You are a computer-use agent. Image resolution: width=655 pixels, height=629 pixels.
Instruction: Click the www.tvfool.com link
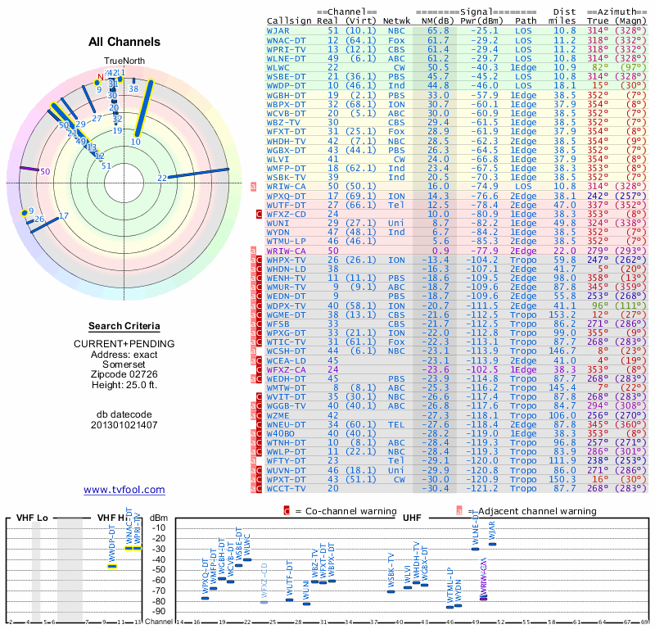coord(124,490)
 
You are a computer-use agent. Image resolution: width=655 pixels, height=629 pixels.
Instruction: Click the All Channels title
coord(124,43)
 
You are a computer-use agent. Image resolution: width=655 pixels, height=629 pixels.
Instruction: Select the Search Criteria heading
coord(124,326)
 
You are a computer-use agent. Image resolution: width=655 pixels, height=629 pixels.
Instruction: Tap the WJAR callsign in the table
coord(278,30)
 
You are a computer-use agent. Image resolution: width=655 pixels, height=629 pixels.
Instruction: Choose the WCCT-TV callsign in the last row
coord(284,488)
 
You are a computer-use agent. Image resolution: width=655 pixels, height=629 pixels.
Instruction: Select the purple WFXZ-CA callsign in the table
coord(286,369)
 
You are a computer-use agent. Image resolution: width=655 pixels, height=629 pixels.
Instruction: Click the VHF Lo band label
coord(29,518)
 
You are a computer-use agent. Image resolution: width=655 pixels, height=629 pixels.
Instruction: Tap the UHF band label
coord(411,518)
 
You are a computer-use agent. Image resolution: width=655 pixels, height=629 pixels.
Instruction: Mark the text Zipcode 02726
coord(124,374)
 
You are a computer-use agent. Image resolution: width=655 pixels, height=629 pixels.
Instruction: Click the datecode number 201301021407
coord(124,425)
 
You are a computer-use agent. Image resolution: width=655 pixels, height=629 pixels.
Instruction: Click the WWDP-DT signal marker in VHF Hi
coord(113,566)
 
